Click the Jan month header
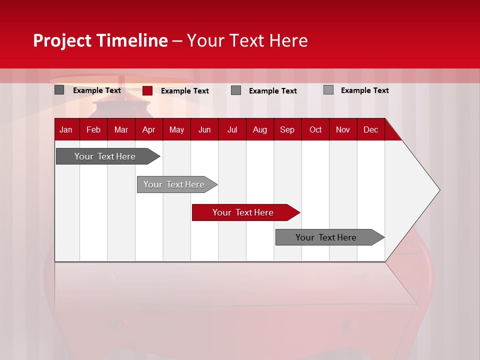click(66, 130)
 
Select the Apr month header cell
click(148, 130)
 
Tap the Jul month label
click(232, 130)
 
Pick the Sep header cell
click(287, 130)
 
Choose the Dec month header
click(370, 130)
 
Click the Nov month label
click(343, 130)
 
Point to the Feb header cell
click(93, 130)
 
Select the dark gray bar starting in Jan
click(105, 156)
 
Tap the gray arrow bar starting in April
click(174, 184)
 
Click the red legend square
click(147, 90)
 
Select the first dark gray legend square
click(59, 90)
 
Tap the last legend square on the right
click(328, 90)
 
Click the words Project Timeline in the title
click(100, 40)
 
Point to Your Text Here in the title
click(247, 40)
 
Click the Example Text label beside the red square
click(185, 91)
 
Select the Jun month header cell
click(204, 130)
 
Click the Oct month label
click(315, 130)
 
